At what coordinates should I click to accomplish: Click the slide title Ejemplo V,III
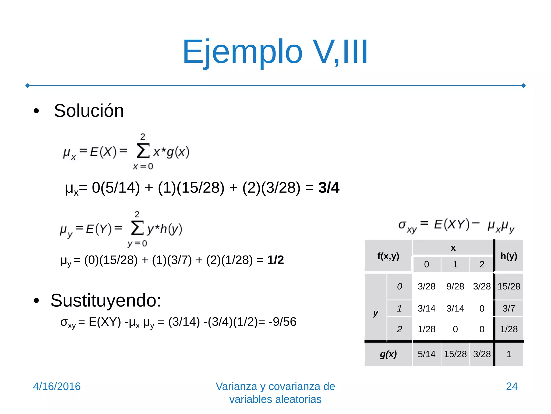[x=275, y=52]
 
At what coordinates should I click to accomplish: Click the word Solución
[x=89, y=111]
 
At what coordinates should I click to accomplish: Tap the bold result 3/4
[x=329, y=188]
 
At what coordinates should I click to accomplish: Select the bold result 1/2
[x=275, y=260]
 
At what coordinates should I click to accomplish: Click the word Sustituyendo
[x=105, y=300]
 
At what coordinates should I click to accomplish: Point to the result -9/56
[x=282, y=322]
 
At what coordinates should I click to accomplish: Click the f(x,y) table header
[x=388, y=256]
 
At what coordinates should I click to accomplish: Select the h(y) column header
[x=508, y=256]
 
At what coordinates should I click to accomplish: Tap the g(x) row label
[x=388, y=354]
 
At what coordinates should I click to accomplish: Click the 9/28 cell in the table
[x=455, y=286]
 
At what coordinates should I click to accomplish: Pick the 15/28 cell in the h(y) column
[x=508, y=286]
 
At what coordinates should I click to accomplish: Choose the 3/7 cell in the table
[x=508, y=308]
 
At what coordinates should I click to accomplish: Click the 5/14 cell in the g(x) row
[x=426, y=354]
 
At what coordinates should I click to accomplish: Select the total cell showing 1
[x=508, y=354]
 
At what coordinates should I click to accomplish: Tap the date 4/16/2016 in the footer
[x=57, y=387]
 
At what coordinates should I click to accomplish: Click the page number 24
[x=511, y=387]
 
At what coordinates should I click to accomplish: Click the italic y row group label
[x=376, y=313]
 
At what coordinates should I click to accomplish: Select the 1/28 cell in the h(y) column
[x=508, y=329]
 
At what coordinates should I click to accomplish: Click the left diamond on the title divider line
[x=27, y=86]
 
